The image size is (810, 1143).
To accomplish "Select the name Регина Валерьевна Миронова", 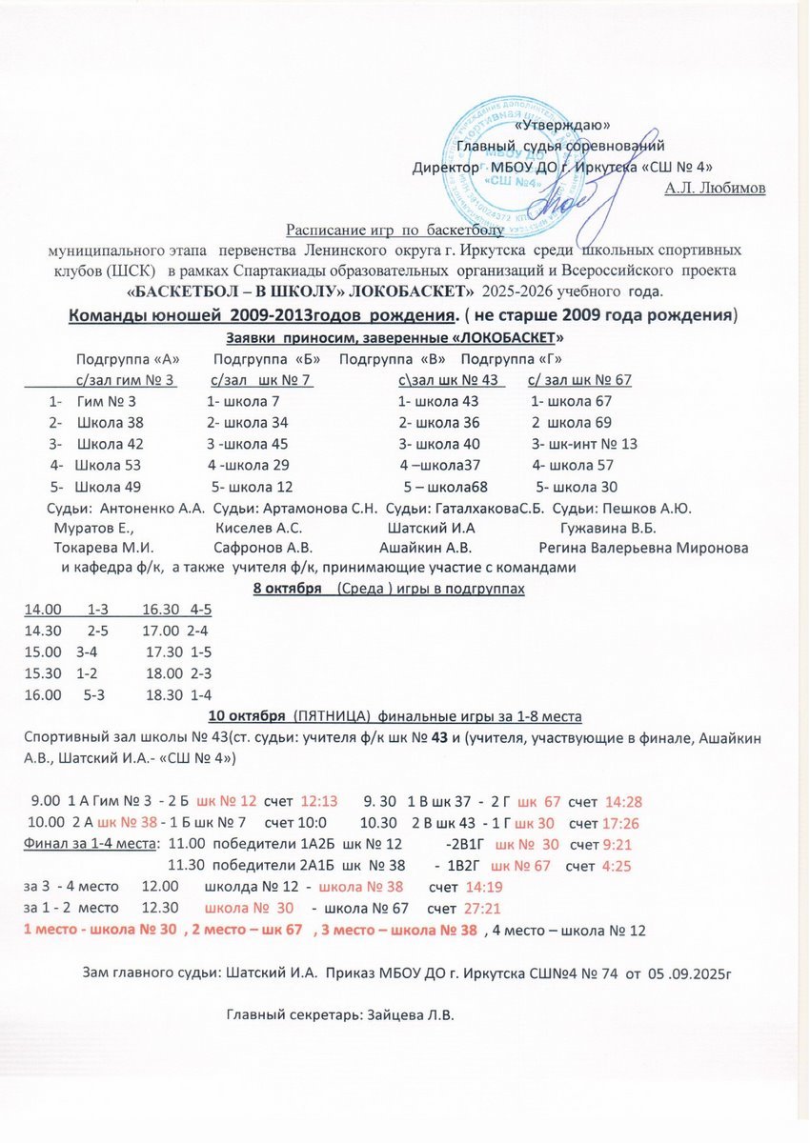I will click(x=643, y=548).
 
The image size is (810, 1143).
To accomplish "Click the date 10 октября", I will click(x=246, y=715).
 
